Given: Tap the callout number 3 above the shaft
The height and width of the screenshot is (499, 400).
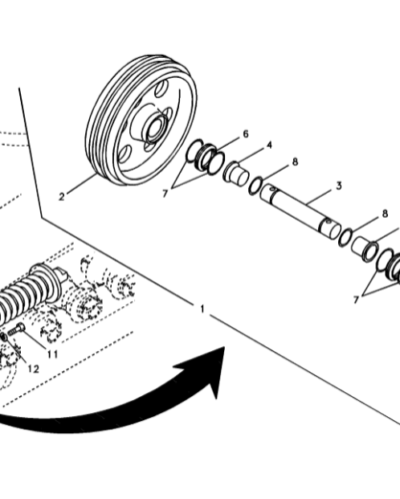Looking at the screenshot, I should pos(339,186).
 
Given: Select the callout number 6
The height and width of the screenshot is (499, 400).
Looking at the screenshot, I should pos(245,134).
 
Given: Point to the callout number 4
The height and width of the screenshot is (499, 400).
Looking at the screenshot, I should pos(268,147).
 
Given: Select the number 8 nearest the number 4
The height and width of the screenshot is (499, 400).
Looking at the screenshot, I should pos(295,161).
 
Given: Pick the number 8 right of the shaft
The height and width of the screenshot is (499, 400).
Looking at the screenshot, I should pos(384,214).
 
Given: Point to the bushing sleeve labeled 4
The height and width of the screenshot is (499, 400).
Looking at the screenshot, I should pos(239,171).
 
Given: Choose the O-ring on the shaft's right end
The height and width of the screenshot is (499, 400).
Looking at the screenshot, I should pos(345,238).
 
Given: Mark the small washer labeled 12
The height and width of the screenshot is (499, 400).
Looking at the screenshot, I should pos(4,338).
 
